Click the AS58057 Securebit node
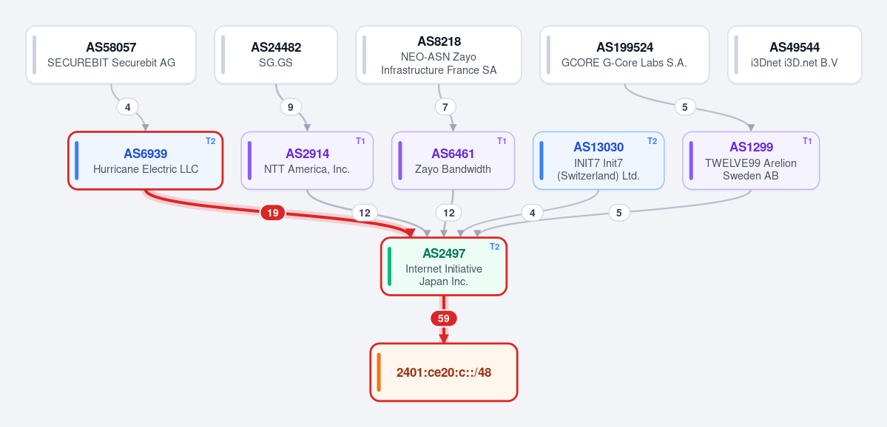click(111, 55)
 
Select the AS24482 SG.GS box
click(276, 55)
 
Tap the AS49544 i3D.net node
click(795, 55)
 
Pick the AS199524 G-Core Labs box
click(624, 55)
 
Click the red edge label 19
click(273, 213)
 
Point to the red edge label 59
click(444, 318)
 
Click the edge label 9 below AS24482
click(291, 106)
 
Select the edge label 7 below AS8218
click(445, 106)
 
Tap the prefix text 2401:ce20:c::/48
click(444, 373)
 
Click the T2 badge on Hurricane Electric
click(210, 141)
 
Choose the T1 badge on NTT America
click(360, 141)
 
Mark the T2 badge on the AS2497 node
click(494, 247)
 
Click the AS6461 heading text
click(453, 154)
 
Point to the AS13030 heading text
click(598, 148)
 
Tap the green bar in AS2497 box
click(389, 267)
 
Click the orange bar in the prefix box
click(379, 372)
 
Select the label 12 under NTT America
click(364, 213)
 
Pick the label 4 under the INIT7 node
click(532, 213)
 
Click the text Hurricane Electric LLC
click(146, 169)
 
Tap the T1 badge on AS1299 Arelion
click(807, 141)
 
